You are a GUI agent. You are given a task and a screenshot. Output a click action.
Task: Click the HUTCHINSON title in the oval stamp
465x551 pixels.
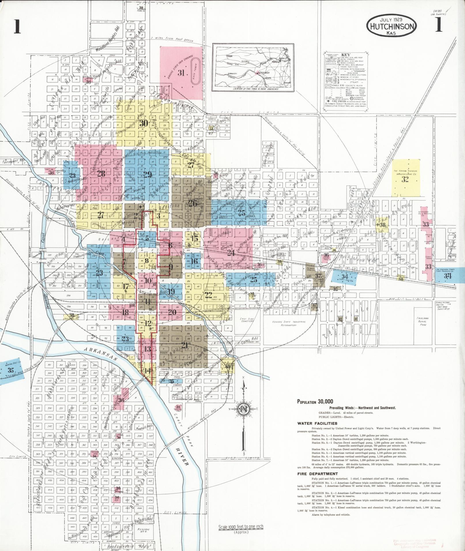click(x=391, y=26)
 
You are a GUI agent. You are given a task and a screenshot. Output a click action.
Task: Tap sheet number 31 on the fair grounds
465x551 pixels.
click(x=181, y=73)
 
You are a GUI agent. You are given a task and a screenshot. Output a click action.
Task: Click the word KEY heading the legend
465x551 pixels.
click(x=345, y=54)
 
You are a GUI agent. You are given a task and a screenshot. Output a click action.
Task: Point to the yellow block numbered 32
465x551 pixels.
click(x=405, y=179)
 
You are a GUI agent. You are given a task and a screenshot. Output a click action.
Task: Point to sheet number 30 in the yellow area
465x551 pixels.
click(x=144, y=124)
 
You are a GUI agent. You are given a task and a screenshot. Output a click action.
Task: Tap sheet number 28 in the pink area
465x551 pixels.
click(x=101, y=174)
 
